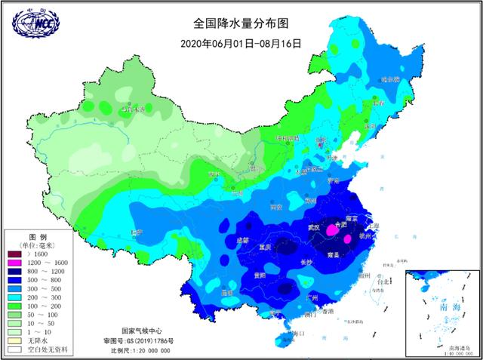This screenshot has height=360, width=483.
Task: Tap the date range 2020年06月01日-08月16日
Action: [241, 43]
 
